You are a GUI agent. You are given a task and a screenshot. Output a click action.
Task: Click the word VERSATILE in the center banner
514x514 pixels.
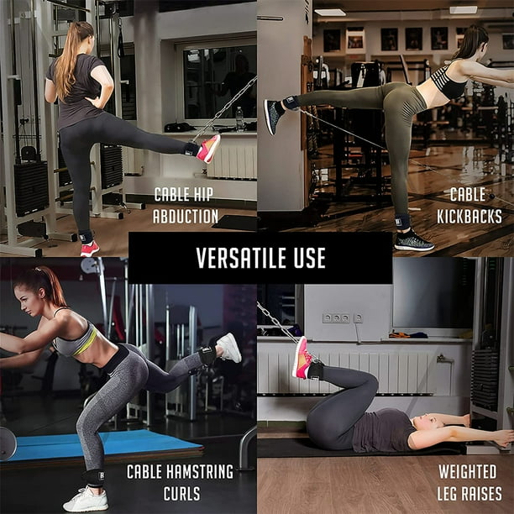pos(242,258)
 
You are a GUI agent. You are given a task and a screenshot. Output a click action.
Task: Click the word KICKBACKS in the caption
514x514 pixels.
pos(469,216)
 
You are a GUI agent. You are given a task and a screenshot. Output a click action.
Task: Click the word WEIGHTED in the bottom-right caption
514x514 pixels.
pos(467,471)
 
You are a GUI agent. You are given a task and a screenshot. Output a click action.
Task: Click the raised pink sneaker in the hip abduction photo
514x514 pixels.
pos(207,148)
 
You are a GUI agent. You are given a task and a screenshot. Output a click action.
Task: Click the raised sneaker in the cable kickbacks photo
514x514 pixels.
pos(274,115)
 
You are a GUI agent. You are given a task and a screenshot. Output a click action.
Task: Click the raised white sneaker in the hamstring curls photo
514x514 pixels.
pos(228,347)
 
